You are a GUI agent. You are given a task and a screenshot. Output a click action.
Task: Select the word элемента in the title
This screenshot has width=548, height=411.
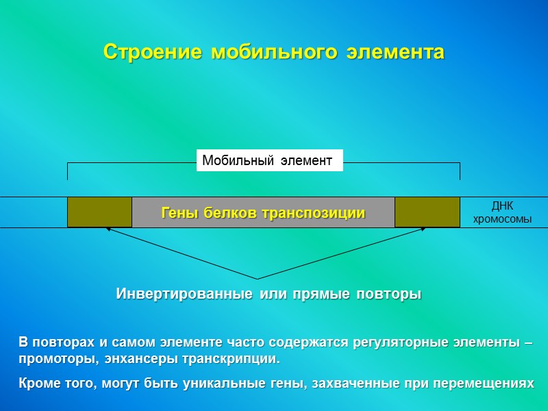point(395,52)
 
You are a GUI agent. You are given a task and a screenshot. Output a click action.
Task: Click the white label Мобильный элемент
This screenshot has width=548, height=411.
point(269,161)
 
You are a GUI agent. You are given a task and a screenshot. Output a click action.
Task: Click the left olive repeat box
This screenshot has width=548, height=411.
point(99,212)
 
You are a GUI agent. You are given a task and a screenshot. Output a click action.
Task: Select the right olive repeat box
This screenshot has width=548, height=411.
point(427,212)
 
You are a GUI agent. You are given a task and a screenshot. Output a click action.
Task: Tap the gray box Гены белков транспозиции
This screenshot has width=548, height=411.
point(263,212)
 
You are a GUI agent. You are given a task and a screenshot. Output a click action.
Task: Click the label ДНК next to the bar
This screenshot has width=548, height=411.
point(502,206)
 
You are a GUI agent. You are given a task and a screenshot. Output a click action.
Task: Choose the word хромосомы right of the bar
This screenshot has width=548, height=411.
point(502,219)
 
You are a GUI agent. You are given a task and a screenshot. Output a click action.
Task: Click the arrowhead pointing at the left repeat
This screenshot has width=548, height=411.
point(108,230)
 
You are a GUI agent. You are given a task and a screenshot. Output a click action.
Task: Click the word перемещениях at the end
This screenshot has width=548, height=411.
point(489,384)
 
